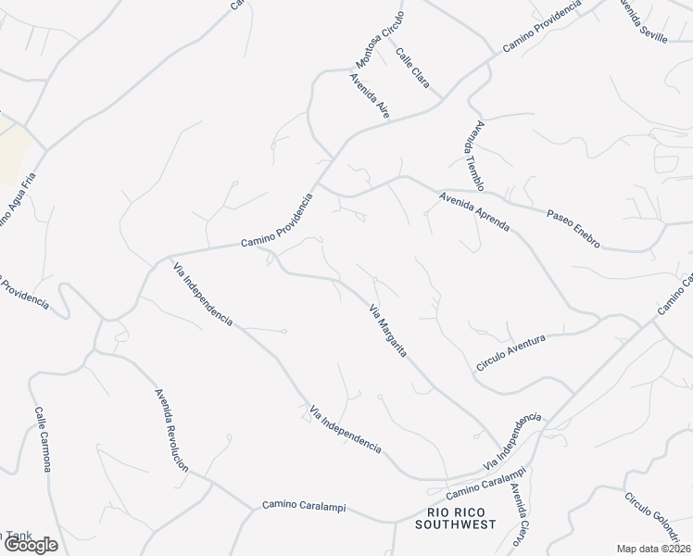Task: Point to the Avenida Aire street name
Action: click(x=370, y=95)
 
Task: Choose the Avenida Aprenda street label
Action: click(x=474, y=212)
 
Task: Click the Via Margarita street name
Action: click(x=389, y=335)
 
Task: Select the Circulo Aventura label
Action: click(x=510, y=353)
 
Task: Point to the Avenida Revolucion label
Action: click(x=170, y=428)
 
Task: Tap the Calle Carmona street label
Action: click(x=43, y=438)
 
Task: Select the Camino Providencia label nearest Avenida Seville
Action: click(x=542, y=26)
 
